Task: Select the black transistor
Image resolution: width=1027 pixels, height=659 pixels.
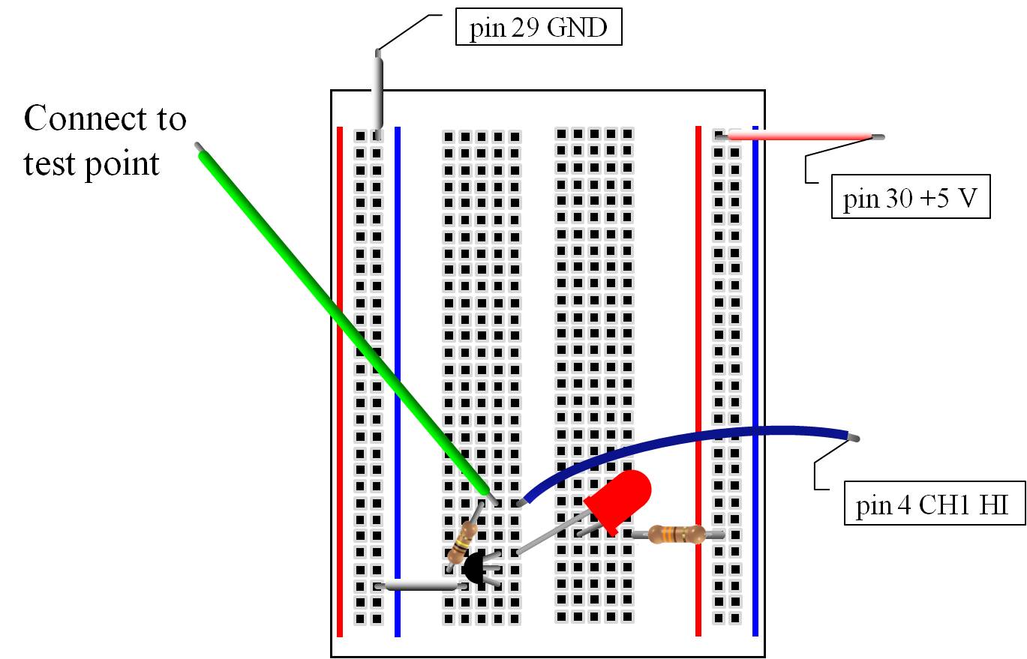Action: pos(474,568)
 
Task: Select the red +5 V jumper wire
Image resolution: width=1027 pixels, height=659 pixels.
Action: pos(799,136)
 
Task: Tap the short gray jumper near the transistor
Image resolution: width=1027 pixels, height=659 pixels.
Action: pos(420,585)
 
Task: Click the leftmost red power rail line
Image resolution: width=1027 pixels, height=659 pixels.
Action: pos(340,375)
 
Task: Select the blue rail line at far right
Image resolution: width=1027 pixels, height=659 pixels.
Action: pos(755,375)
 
